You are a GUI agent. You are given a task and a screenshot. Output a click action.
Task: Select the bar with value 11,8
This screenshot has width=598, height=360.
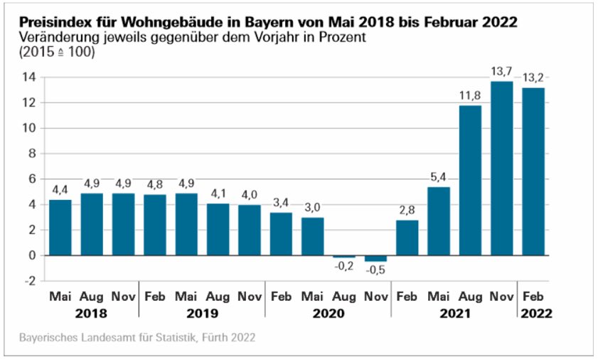471,180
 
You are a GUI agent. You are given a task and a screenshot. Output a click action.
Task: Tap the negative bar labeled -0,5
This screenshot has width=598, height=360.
376,258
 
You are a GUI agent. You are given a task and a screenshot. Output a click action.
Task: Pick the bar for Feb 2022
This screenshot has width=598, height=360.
534,171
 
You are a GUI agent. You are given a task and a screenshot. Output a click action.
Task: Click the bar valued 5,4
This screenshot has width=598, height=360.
439,221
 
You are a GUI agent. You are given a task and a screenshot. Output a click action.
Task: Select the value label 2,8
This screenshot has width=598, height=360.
407,210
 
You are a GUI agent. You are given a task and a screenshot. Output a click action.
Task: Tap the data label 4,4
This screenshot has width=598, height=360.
60,190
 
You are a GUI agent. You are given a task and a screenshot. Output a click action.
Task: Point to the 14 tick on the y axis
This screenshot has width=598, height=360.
28,78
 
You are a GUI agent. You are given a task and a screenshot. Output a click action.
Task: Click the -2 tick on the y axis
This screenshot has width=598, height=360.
29,280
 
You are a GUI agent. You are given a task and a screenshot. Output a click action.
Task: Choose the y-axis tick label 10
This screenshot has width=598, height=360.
28,128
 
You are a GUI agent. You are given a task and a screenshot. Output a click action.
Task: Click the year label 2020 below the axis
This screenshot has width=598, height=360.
328,313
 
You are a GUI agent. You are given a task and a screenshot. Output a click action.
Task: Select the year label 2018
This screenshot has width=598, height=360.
91,313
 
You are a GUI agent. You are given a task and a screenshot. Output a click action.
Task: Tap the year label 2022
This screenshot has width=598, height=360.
535,313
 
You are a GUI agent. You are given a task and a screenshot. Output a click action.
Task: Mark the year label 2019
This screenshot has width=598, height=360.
202,313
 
